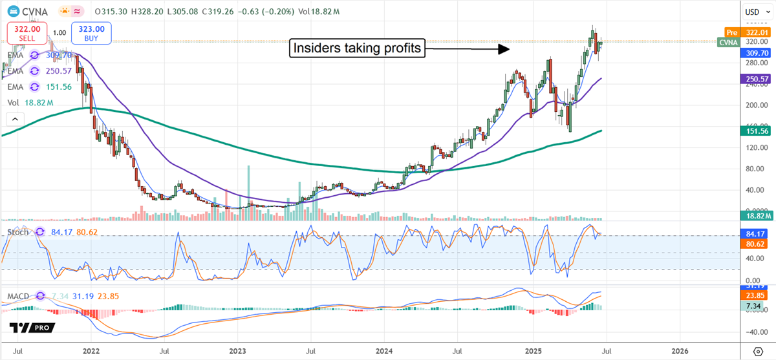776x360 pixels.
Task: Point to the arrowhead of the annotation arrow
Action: click(506, 48)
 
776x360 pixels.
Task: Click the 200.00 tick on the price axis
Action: click(755, 105)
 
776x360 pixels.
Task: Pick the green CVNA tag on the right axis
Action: click(729, 43)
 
